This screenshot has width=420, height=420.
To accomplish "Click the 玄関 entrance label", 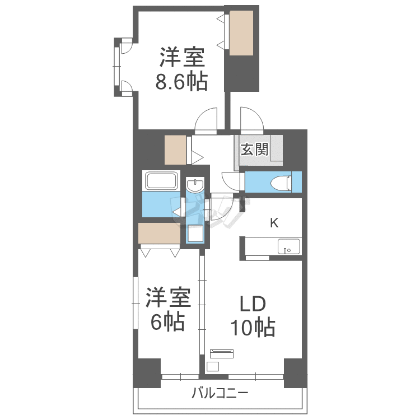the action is point(254,149).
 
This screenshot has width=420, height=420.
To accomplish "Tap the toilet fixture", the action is point(281,183).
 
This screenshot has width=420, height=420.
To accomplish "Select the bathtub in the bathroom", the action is point(161,181).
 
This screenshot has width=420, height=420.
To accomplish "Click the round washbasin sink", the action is point(195,185).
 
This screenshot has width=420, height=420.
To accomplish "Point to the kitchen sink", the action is point(288,246).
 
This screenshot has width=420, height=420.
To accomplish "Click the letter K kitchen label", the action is point(274,222).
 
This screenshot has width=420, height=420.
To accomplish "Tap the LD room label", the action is point(253,304).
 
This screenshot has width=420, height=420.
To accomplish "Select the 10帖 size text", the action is point(253,327).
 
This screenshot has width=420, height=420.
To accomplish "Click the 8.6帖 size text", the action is point(181,81).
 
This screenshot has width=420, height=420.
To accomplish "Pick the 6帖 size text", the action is point(167,321).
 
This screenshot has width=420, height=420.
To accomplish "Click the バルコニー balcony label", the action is point(220,394).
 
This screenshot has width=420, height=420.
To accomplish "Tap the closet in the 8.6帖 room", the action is point(241,33).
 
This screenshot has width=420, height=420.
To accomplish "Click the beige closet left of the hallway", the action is point(175,150).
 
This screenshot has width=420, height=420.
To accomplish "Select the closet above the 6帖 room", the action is point(159,233).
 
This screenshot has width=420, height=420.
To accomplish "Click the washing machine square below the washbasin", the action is point(195,234).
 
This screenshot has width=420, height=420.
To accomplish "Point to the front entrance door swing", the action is point(252,120).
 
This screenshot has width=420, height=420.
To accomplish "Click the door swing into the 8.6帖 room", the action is point(206,121).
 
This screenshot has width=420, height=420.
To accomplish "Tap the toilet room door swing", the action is point(231,182).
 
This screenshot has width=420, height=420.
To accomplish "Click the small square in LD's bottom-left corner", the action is point(213,366).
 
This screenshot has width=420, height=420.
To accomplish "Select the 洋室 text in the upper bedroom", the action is point(182,57).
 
